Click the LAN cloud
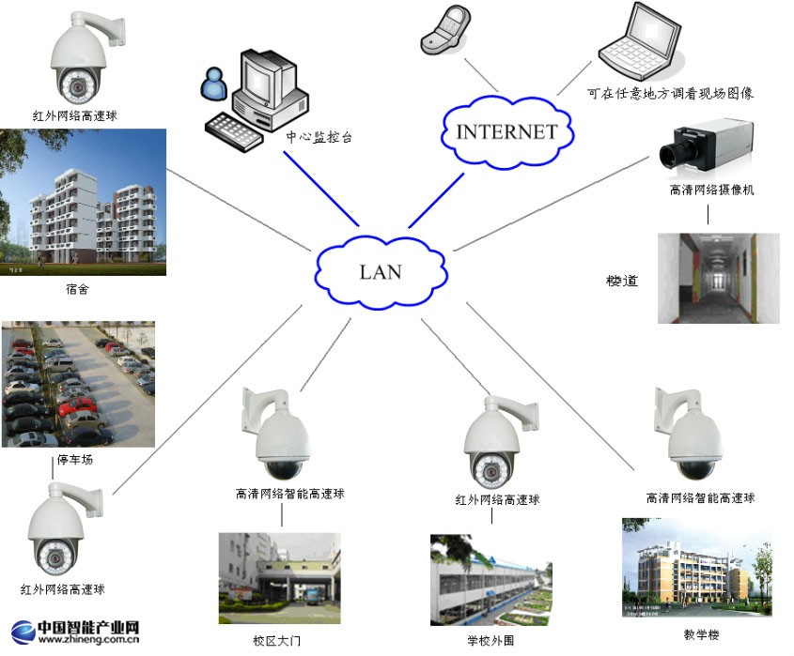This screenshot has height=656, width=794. tap(381, 271)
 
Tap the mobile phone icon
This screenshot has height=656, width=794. tap(445, 32)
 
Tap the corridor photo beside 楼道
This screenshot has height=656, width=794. tap(719, 278)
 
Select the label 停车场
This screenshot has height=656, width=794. tap(76, 460)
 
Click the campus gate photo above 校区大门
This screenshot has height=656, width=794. tap(279, 579)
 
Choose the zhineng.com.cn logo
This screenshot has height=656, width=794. tap(76, 632)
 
